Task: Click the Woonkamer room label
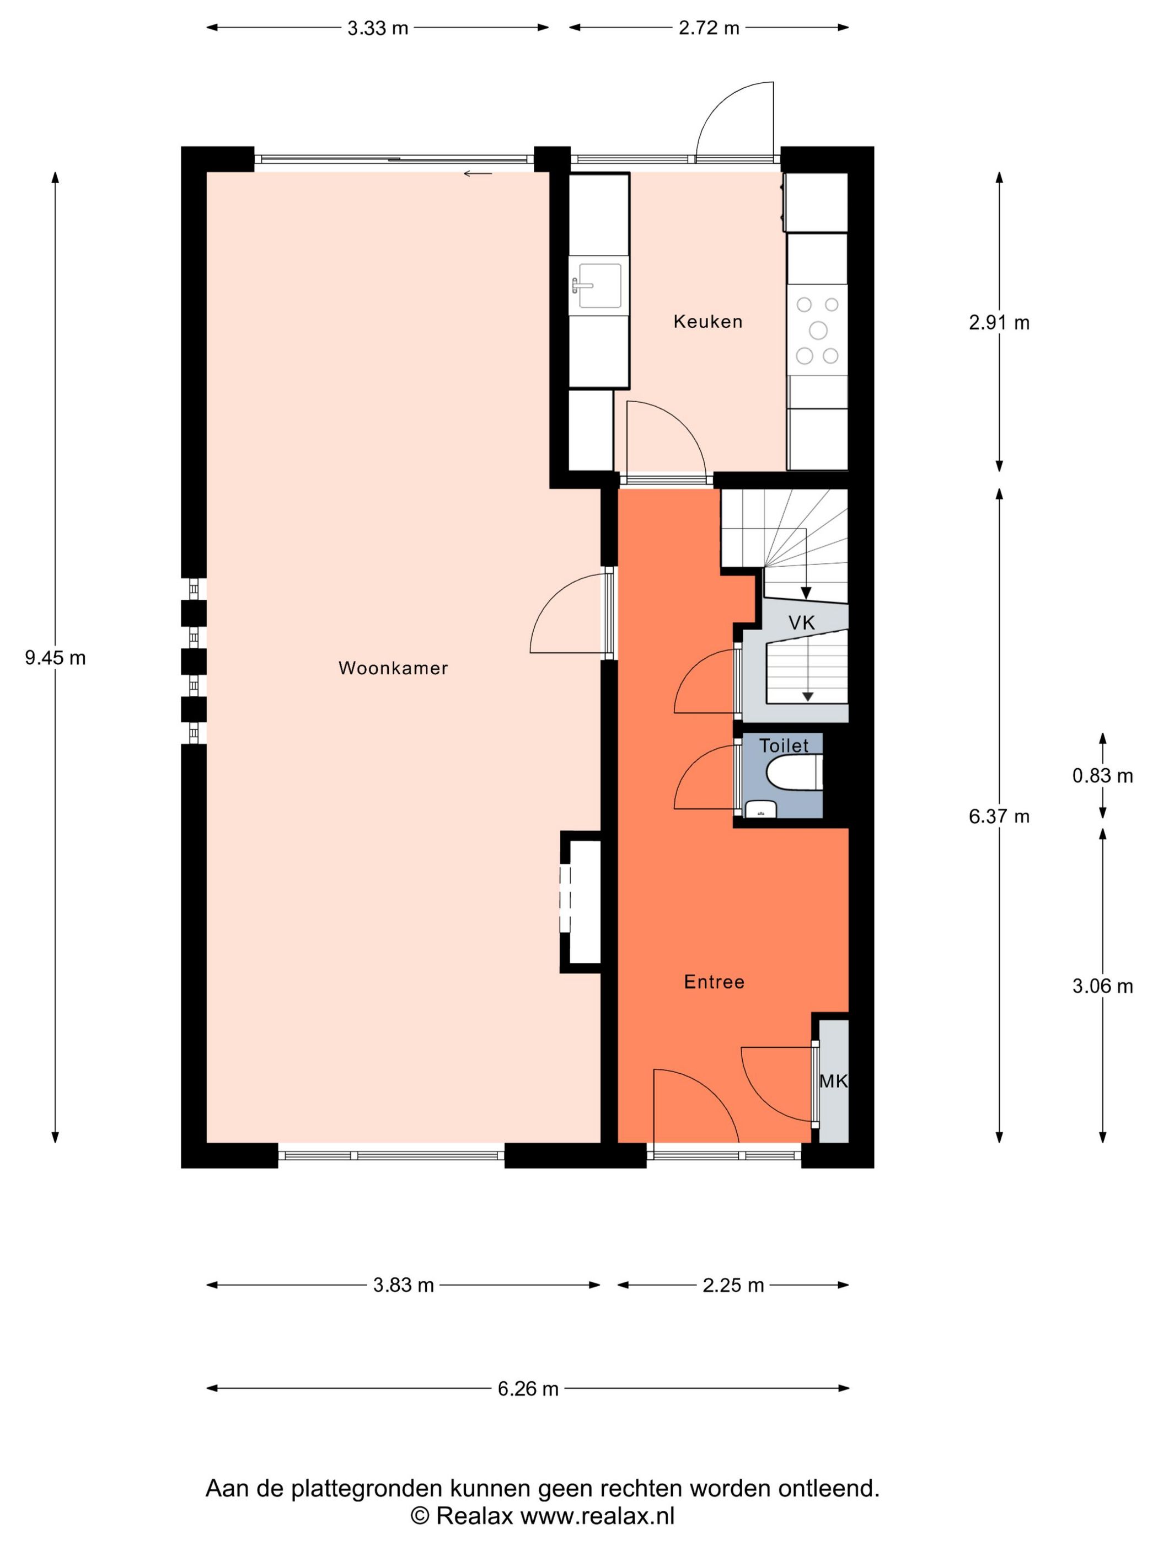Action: point(393,668)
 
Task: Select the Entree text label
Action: point(714,982)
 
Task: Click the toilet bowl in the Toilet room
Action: point(792,775)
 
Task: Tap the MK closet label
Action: point(833,1081)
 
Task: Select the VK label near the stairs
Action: point(801,622)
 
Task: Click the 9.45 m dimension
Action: point(55,657)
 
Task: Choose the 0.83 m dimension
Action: point(1102,775)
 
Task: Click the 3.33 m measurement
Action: point(378,28)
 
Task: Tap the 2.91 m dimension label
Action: point(999,323)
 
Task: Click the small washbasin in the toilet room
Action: point(760,809)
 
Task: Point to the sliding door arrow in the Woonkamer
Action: point(478,173)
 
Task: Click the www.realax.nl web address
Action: point(598,1515)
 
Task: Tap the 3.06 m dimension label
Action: point(1102,986)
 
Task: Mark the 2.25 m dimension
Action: point(733,1285)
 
